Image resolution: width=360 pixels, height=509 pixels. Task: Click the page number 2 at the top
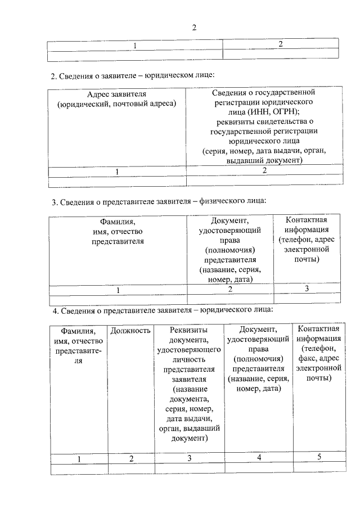click(194, 28)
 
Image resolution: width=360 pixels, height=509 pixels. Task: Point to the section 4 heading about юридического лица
click(163, 310)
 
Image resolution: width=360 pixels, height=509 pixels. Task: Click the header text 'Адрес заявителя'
click(116, 94)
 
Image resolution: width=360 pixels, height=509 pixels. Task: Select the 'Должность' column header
click(130, 330)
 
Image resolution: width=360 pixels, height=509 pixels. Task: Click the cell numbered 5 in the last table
click(319, 457)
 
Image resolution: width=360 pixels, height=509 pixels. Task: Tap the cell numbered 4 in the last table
click(259, 457)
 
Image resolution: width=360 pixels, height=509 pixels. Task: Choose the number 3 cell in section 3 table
click(307, 289)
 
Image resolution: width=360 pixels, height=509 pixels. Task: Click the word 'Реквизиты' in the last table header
click(189, 330)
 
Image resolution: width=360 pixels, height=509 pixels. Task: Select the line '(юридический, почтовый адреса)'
click(116, 103)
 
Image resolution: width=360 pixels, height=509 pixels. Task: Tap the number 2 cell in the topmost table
click(280, 43)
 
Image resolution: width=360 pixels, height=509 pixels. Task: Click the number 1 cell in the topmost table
click(135, 45)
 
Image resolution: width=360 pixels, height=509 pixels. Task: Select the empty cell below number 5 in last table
click(319, 468)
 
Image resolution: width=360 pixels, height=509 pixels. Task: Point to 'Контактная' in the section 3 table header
click(307, 220)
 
